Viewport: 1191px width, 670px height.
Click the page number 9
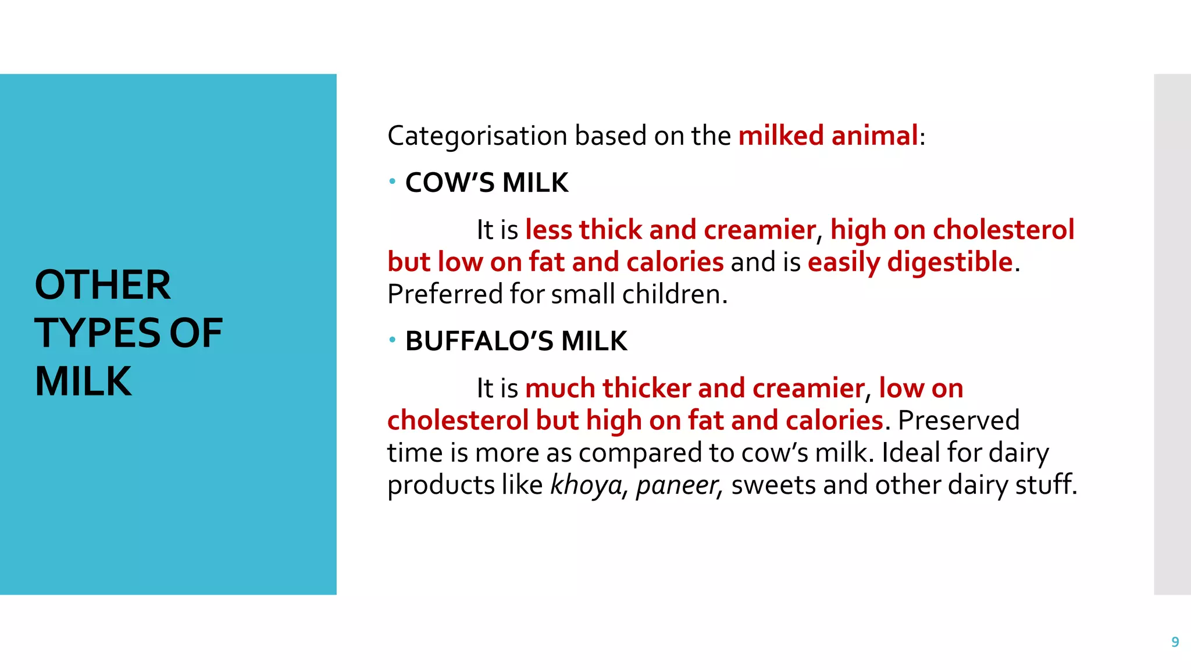(1175, 642)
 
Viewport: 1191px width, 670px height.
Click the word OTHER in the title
(103, 285)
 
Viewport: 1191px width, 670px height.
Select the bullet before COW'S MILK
(393, 182)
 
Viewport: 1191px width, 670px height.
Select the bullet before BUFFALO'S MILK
(393, 340)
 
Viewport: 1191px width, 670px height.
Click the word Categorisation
(477, 136)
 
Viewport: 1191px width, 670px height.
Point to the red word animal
(874, 136)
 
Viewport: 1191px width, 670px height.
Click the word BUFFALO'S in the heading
(479, 341)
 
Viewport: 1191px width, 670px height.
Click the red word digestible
(950, 262)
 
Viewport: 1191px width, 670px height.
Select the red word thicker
(646, 388)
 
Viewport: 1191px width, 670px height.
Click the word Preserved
(958, 420)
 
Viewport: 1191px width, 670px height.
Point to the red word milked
(780, 136)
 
